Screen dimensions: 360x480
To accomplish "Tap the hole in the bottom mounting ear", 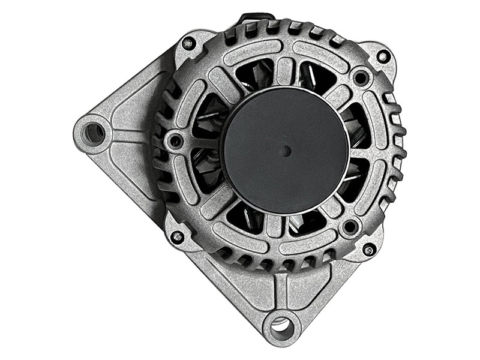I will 280,328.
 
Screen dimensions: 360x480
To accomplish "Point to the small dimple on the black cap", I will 286,150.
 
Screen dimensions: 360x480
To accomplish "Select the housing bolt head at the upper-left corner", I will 188,43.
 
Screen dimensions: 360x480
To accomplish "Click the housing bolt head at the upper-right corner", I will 382,57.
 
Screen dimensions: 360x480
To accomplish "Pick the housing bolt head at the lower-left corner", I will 176,236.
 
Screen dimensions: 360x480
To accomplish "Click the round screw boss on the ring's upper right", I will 360,77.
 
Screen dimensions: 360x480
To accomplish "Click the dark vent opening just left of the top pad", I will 258,76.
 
